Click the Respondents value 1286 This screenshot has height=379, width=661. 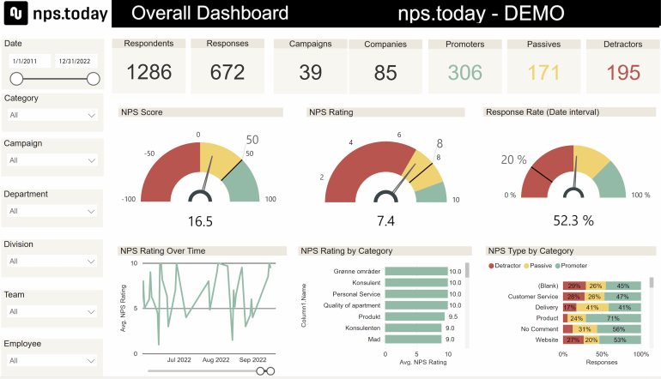(x=149, y=73)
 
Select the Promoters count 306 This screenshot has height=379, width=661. (x=465, y=73)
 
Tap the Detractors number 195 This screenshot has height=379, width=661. (x=623, y=73)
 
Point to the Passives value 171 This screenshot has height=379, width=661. (x=543, y=73)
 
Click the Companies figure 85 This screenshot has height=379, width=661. (x=386, y=73)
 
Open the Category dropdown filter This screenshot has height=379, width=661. (x=52, y=115)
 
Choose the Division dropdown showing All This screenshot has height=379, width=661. (x=52, y=261)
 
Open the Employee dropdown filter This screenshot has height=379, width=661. (x=52, y=361)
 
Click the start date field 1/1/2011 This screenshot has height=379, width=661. (x=27, y=62)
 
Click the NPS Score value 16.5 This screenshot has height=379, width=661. (x=200, y=221)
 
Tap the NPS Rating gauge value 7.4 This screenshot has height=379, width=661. (x=385, y=221)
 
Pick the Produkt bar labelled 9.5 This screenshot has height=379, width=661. (x=415, y=316)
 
